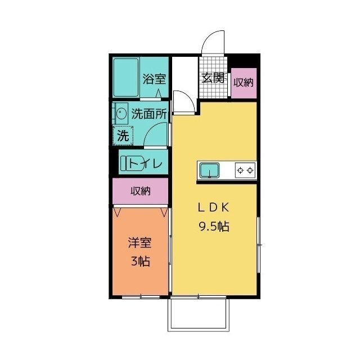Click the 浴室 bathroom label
point(154,79)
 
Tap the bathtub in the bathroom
point(126,78)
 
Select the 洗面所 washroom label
point(148,114)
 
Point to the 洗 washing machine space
point(123,136)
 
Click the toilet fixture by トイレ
point(132,163)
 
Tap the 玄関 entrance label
point(213,78)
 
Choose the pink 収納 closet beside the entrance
point(244,83)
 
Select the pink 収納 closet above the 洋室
point(141,191)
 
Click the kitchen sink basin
point(209,170)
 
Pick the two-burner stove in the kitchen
point(245,170)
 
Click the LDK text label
point(213,208)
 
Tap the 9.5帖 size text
point(214,227)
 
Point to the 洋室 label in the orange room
point(140,243)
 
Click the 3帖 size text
point(141,261)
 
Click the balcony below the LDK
point(199,314)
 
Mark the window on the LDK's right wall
point(259,245)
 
